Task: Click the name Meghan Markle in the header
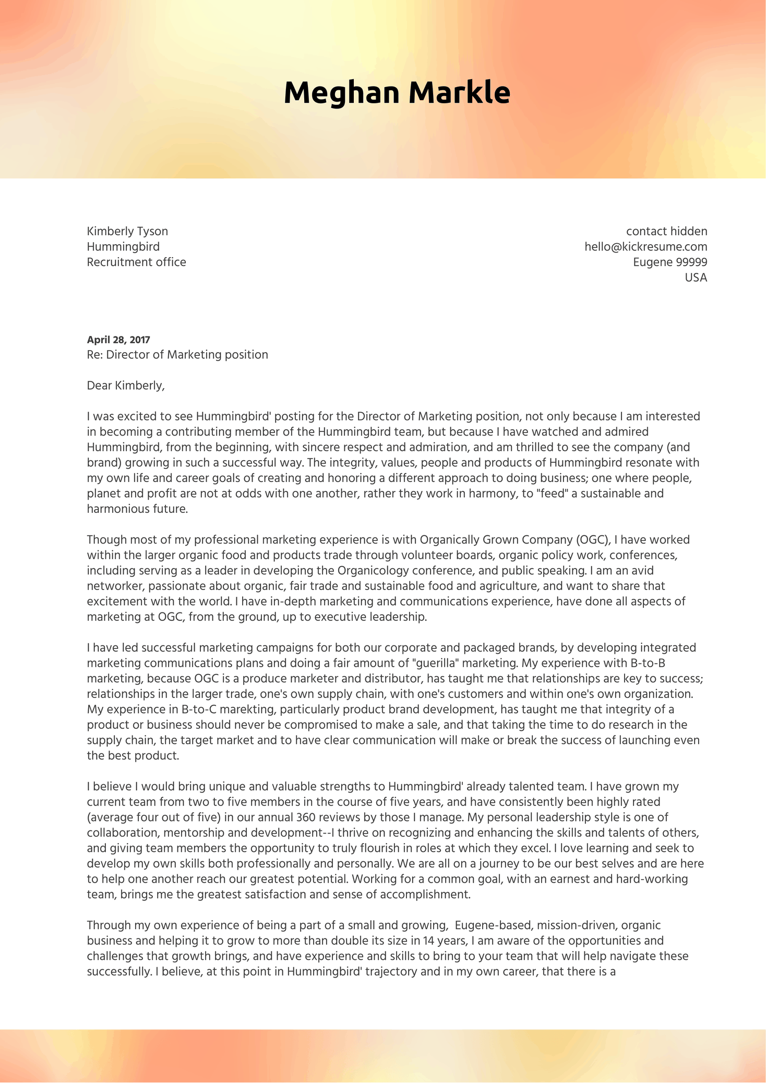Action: (397, 93)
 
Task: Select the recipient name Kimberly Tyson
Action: (127, 231)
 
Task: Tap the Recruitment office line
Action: (136, 262)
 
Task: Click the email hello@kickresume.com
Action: (645, 246)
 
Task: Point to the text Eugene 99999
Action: (670, 262)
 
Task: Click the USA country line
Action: (696, 278)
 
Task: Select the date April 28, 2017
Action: (118, 340)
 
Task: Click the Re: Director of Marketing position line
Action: (177, 355)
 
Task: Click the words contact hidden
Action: (666, 231)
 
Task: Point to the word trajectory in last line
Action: (378, 971)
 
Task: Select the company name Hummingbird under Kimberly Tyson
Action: (123, 246)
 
